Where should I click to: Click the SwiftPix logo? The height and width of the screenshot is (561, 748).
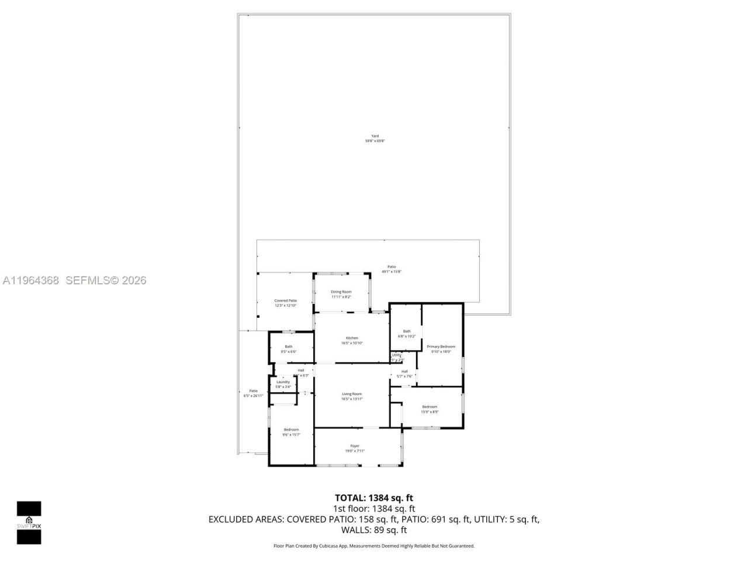pos(29,522)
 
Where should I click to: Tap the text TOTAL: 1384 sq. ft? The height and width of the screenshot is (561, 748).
pos(374,498)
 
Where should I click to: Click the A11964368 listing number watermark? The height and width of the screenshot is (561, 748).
pos(31,280)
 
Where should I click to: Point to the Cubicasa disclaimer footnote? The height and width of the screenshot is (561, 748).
pos(374,546)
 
